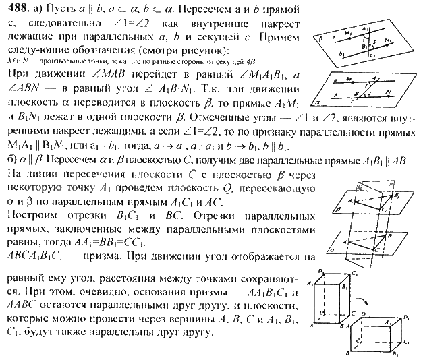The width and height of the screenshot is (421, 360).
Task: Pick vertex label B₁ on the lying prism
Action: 395,353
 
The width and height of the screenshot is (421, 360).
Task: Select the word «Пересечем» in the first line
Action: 166,7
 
